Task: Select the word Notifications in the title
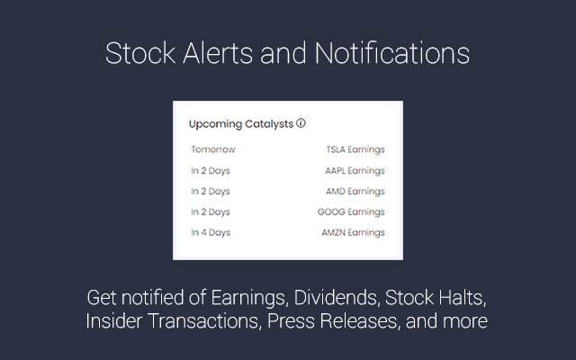point(392,54)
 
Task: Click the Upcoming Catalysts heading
point(241,124)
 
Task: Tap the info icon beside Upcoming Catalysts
point(301,123)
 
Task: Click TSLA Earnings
point(355,150)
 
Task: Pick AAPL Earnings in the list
point(355,171)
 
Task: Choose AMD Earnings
point(355,192)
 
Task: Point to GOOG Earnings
point(351,212)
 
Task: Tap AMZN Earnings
point(353,233)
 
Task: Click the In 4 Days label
point(211,233)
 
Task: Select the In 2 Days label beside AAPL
point(211,171)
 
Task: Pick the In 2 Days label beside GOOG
point(211,212)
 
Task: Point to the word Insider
point(115,321)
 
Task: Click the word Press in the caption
point(293,321)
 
